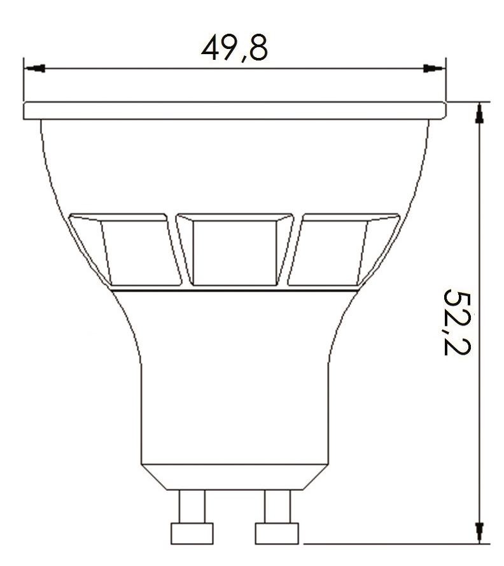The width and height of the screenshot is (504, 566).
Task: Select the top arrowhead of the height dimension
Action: tap(479, 112)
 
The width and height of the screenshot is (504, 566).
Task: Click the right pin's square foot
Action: tap(276, 532)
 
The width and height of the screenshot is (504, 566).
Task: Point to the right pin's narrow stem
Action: tap(276, 506)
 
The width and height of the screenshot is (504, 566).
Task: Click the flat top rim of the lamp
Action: tap(234, 110)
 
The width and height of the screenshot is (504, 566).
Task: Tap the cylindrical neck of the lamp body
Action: tap(234, 407)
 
